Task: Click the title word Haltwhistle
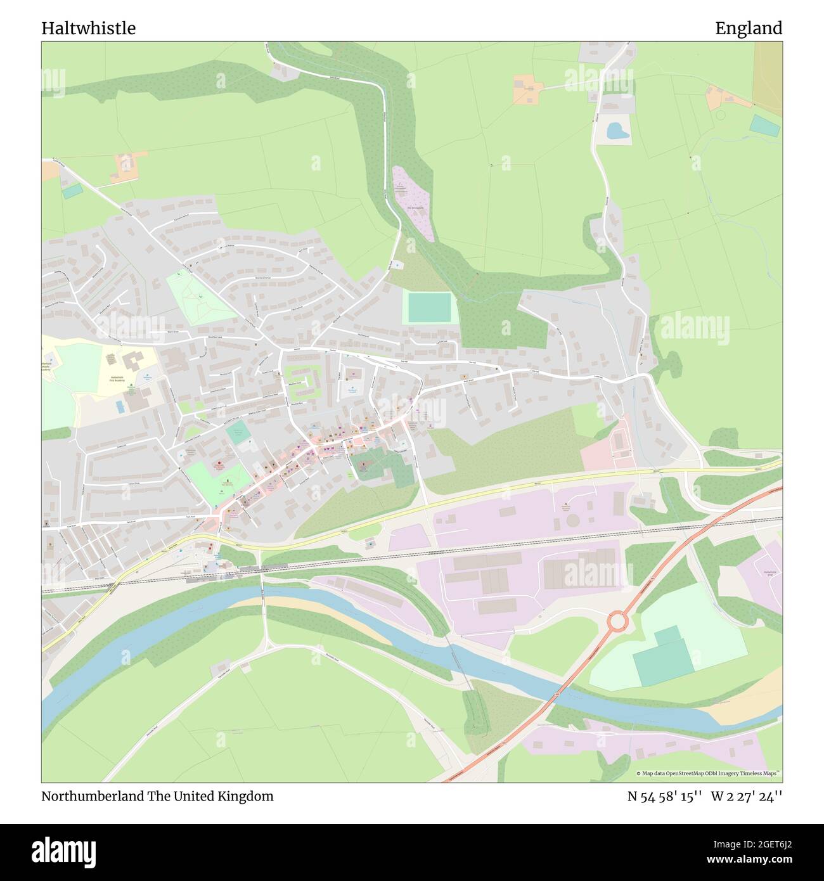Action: coord(88,29)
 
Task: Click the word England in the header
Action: coord(749,29)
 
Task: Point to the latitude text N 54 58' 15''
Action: coord(664,796)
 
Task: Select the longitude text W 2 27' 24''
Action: coord(747,796)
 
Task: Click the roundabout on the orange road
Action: coord(617,621)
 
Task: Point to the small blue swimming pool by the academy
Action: coord(120,406)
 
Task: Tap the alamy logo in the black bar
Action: coord(64,849)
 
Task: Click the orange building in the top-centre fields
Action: coord(527,89)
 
